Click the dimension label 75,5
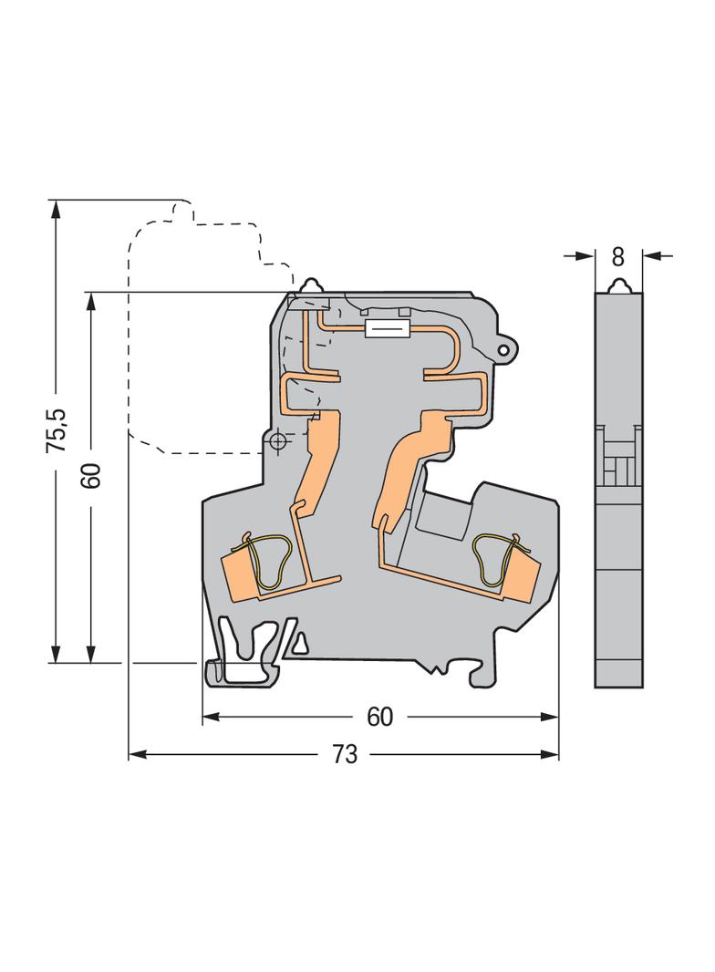click(57, 429)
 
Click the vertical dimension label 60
click(92, 476)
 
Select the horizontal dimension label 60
click(379, 717)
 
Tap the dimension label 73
click(345, 754)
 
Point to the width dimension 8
click(617, 256)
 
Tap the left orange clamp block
click(243, 576)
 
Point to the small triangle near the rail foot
click(301, 645)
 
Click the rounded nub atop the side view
click(618, 285)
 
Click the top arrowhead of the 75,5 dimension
click(57, 210)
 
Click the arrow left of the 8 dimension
click(580, 255)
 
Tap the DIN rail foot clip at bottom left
click(243, 657)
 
